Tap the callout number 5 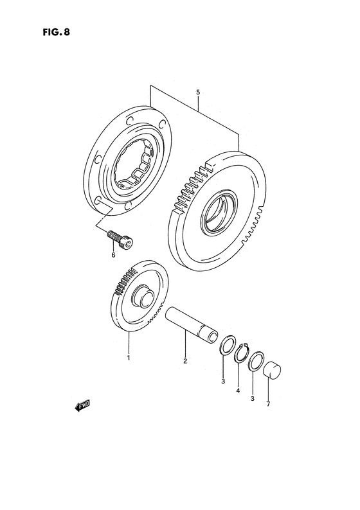click(198, 92)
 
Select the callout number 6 click(113, 255)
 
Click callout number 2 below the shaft click(184, 361)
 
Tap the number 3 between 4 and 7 click(253, 398)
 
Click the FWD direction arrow click(81, 405)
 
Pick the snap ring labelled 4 click(242, 352)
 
